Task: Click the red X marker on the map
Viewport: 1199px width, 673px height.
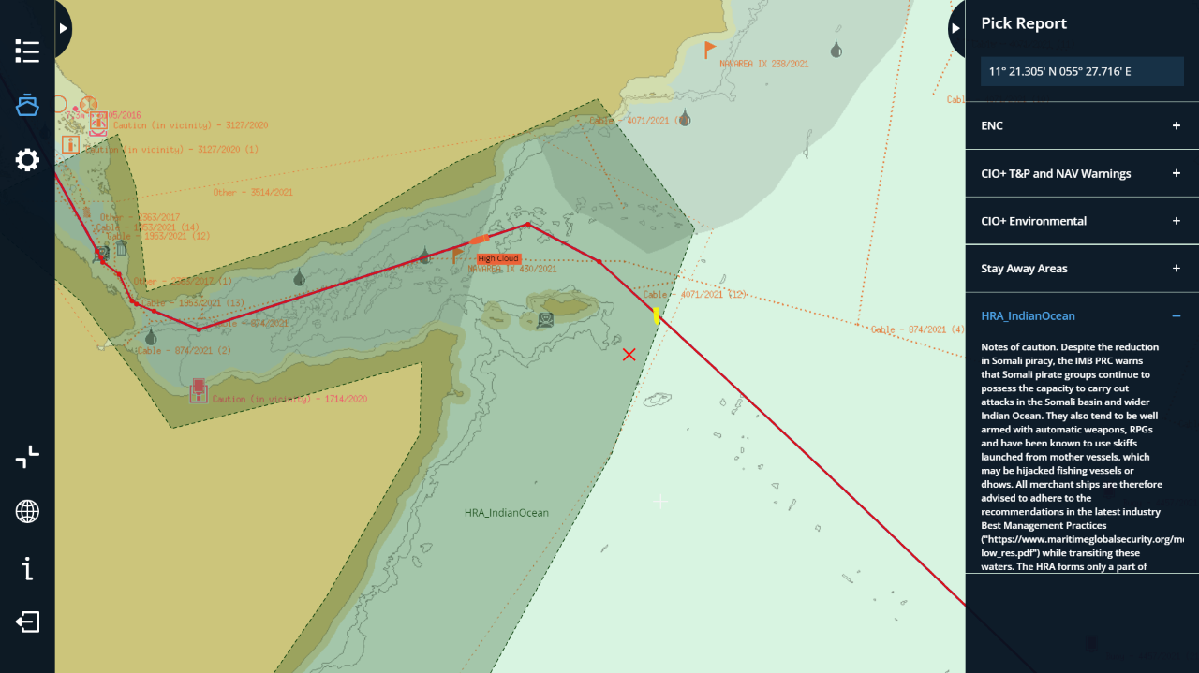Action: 629,354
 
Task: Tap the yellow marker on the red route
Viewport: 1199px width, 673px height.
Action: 657,316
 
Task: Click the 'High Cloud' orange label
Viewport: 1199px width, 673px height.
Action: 498,258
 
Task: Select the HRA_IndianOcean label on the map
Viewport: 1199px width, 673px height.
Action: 507,513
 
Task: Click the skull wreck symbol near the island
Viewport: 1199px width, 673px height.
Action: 545,319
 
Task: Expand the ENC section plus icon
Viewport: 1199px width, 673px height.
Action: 1177,125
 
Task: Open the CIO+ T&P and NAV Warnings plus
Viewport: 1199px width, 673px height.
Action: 1177,173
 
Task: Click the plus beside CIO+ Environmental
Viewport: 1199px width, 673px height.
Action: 1177,221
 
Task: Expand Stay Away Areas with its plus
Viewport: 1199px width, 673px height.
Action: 1177,269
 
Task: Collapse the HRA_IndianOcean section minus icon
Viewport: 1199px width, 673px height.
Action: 1177,316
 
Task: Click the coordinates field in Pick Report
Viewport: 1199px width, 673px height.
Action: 1082,71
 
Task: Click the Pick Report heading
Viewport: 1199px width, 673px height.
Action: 1024,23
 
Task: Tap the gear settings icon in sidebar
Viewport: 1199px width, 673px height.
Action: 27,160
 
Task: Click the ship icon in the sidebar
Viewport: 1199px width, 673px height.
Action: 27,105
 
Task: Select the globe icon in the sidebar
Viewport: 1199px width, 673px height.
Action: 27,511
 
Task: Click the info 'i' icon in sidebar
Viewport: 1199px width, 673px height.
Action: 27,567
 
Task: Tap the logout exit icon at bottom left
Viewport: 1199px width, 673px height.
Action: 27,622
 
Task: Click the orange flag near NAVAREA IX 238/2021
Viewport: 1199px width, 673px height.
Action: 709,49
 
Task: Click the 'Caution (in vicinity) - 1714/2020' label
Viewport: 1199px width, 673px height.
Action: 289,399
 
